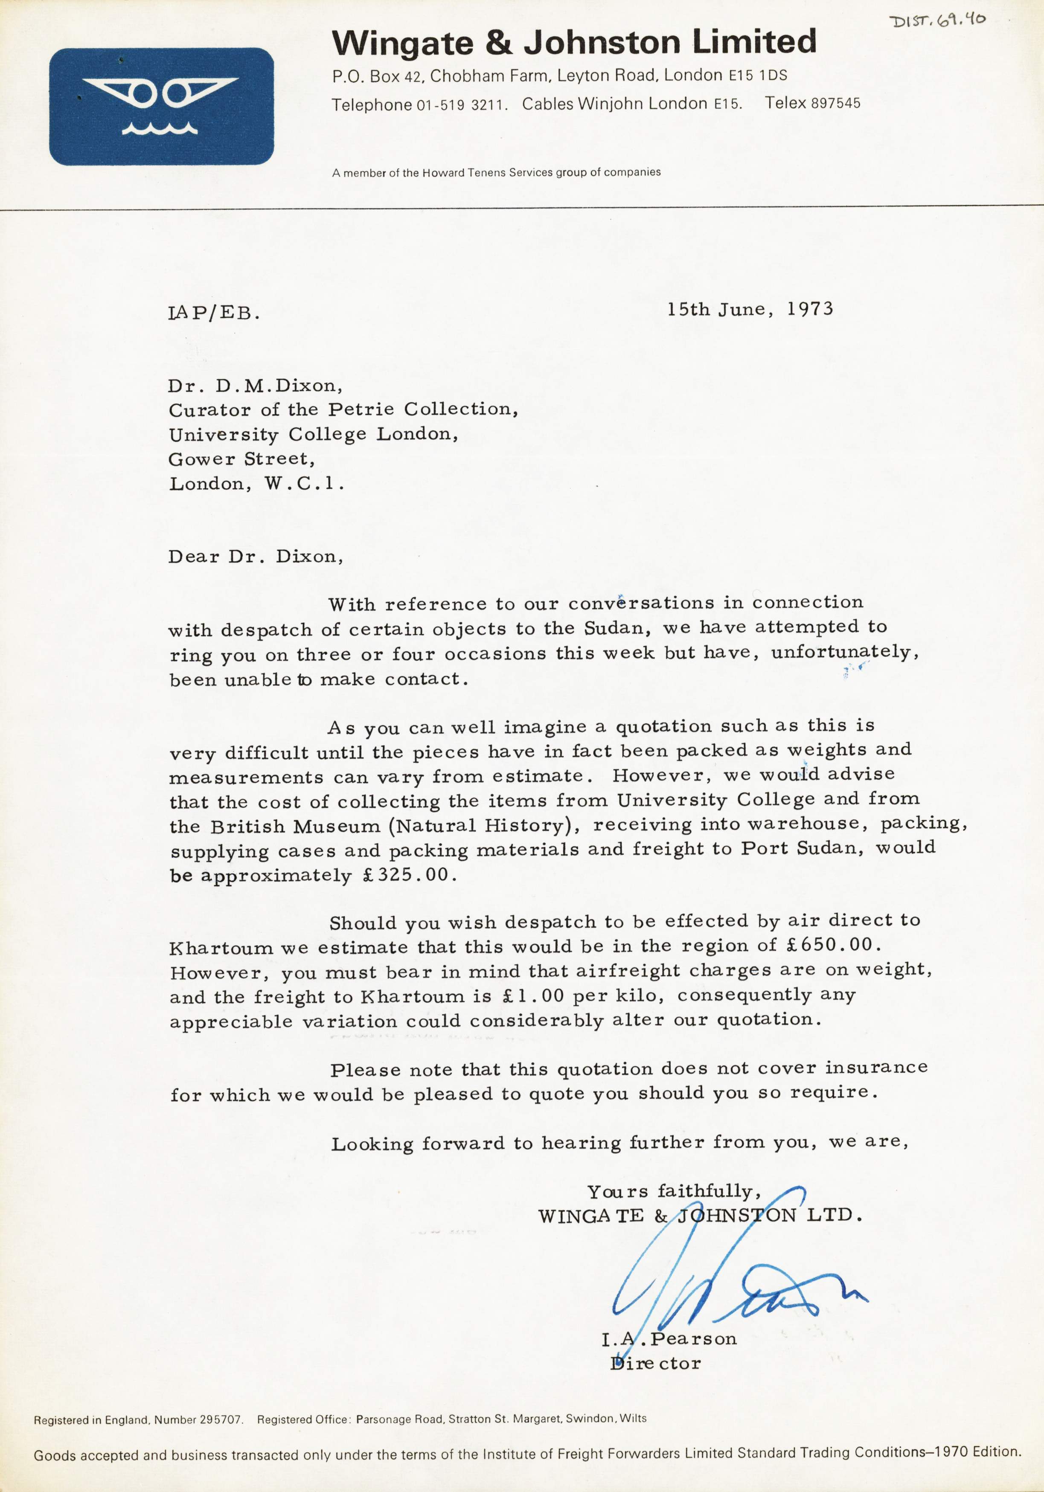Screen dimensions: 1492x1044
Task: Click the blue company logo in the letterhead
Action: tap(161, 107)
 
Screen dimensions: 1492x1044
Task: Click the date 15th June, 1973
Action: tap(750, 309)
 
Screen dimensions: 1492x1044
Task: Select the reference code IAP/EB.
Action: tap(214, 314)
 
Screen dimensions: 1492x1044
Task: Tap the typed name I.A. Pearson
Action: tap(669, 1339)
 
